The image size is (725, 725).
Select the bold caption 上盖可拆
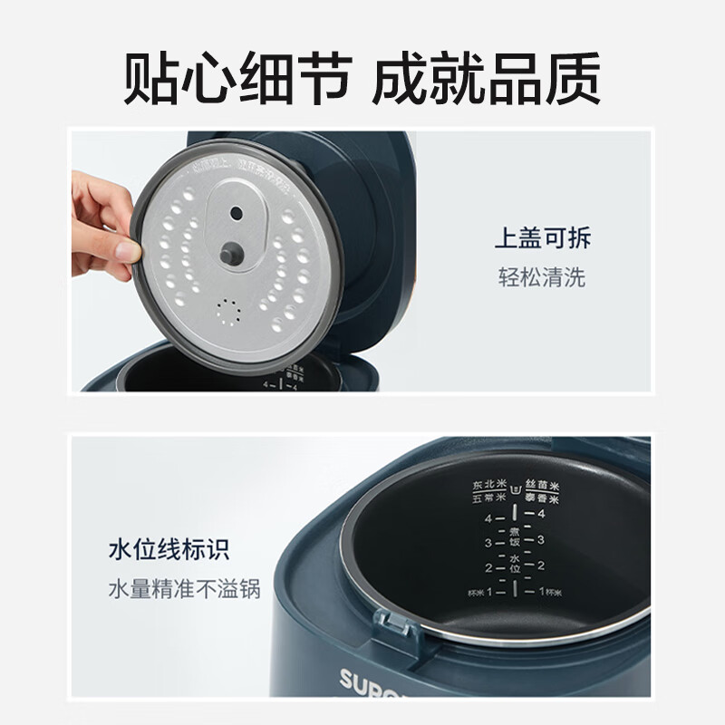pyautogui.click(x=542, y=240)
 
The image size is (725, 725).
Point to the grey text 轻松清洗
pyautogui.click(x=542, y=276)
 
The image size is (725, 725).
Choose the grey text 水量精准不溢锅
pyautogui.click(x=184, y=588)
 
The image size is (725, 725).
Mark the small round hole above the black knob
pyautogui.click(x=237, y=213)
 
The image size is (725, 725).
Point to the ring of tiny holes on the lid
pyautogui.click(x=229, y=313)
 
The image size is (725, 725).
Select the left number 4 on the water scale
pyautogui.click(x=488, y=519)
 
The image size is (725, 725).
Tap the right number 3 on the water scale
pyautogui.click(x=542, y=539)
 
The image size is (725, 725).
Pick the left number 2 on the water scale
pyautogui.click(x=488, y=567)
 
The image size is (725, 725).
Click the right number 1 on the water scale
pyautogui.click(x=542, y=591)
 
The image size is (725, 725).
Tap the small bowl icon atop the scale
pyautogui.click(x=515, y=489)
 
